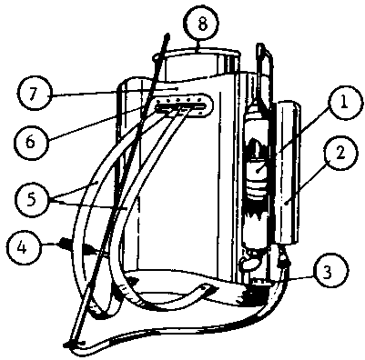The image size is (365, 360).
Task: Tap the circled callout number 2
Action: pyautogui.click(x=340, y=154)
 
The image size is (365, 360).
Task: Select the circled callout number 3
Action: pyautogui.click(x=328, y=273)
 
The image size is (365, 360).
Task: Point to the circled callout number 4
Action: pyautogui.click(x=23, y=247)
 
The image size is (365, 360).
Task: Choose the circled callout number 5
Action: pyautogui.click(x=32, y=200)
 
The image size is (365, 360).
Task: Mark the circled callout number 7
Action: pyautogui.click(x=34, y=95)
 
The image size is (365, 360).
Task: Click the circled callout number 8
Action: pyautogui.click(x=202, y=24)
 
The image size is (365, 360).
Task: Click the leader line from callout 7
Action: pyautogui.click(x=115, y=92)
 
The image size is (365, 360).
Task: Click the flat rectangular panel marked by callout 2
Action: pyautogui.click(x=288, y=173)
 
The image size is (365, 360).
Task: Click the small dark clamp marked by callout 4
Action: pyautogui.click(x=64, y=243)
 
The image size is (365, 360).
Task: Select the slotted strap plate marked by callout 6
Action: pyautogui.click(x=181, y=105)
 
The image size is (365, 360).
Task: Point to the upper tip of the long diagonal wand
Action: pyautogui.click(x=167, y=35)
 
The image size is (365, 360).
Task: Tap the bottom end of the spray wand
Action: pyautogui.click(x=70, y=343)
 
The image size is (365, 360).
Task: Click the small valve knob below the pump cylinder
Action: pyautogui.click(x=248, y=264)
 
